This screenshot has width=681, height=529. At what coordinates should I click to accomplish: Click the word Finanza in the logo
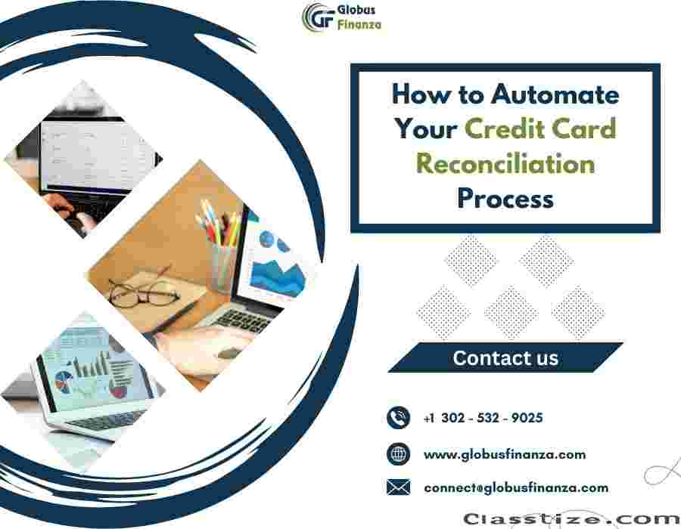[x=359, y=25]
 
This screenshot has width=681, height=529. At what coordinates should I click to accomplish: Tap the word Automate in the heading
[x=555, y=94]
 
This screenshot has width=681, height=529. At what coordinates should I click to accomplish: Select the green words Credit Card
[x=540, y=128]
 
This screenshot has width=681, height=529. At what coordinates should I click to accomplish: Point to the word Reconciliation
[x=505, y=163]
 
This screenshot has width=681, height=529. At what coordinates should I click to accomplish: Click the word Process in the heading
[x=505, y=199]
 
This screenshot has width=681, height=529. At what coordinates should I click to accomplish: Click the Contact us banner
[x=505, y=357]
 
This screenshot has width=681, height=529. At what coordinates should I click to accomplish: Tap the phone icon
[x=398, y=418]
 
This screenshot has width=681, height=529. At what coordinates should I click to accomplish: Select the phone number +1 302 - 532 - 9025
[x=483, y=418]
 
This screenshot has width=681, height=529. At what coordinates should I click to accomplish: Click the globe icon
[x=398, y=454]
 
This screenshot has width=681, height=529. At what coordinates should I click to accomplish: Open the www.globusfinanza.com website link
[x=505, y=454]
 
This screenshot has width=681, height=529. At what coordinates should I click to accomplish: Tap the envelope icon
[x=398, y=487]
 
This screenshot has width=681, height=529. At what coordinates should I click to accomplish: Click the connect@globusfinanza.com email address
[x=516, y=487]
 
